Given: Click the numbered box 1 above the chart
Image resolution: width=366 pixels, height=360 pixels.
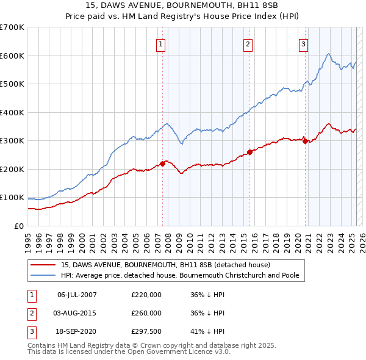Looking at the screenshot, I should [160, 43].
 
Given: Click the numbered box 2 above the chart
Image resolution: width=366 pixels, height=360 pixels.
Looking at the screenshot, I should [248, 43].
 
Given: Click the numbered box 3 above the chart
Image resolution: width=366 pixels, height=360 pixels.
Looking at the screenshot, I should [303, 43].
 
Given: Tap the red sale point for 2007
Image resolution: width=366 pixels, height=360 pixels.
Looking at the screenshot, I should [163, 164].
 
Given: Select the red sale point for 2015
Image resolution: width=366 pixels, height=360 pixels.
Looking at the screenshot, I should [249, 152].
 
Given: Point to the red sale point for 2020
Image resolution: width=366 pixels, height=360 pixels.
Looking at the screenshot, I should [305, 142].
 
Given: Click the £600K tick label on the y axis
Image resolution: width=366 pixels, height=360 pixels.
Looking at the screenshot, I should [12, 56].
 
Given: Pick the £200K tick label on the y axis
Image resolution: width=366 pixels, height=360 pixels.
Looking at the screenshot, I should [12, 169].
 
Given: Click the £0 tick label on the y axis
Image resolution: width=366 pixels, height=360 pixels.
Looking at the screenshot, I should [18, 226].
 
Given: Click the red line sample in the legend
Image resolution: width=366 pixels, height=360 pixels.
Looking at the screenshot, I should [43, 265].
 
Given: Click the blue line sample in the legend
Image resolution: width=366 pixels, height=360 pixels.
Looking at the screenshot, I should [43, 275].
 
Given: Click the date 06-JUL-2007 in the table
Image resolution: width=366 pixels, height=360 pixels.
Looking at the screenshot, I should [77, 295].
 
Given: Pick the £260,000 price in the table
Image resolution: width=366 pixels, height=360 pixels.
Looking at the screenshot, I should [146, 313].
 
